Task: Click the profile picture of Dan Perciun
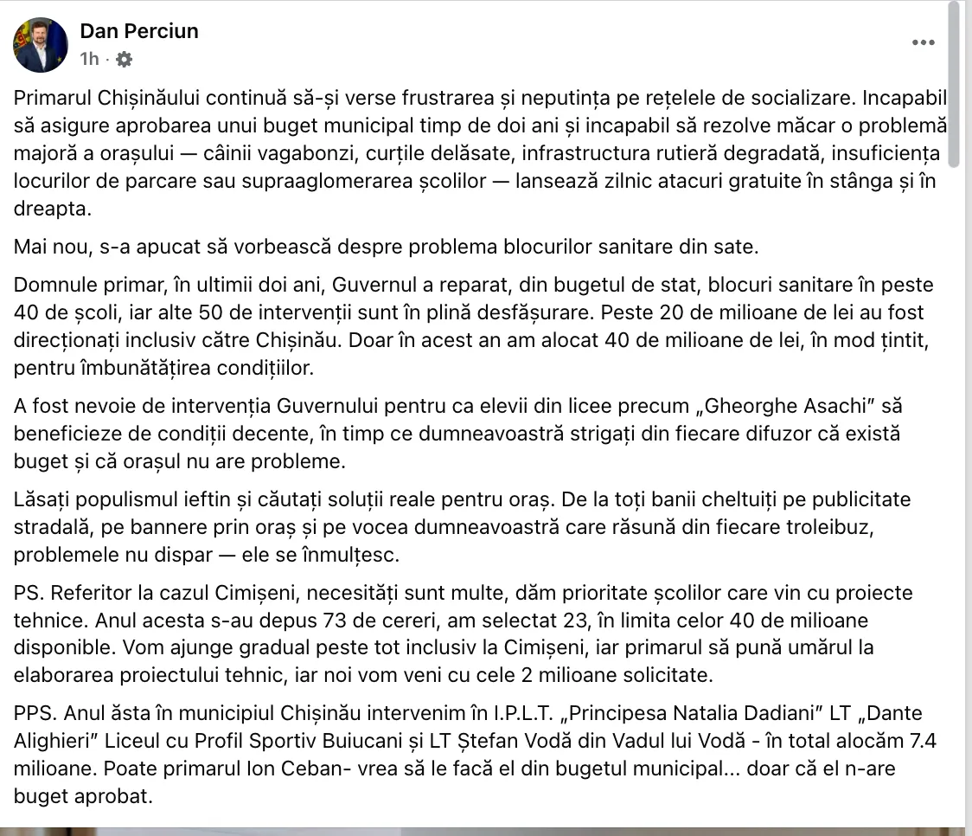point(41,45)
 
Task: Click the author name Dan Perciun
point(139,31)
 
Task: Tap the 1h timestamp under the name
point(89,59)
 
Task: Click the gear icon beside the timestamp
point(124,59)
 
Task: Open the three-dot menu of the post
point(923,42)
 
